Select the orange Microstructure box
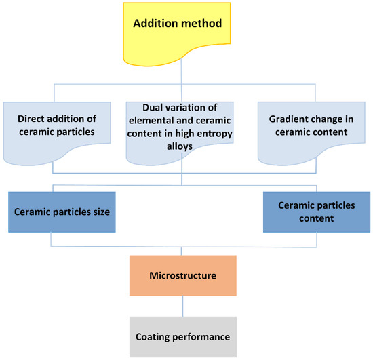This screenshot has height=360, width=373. [x=182, y=277]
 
